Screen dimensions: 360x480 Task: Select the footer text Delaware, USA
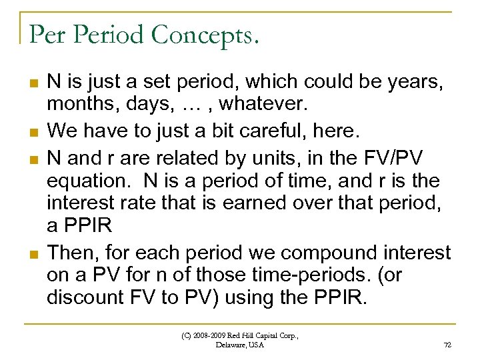(x=240, y=345)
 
